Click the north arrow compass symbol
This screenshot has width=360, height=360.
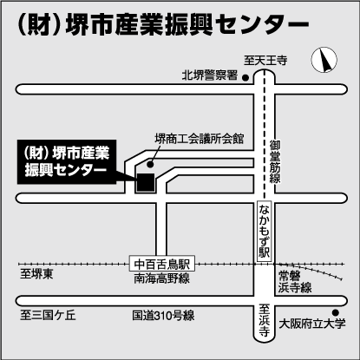pos(324,60)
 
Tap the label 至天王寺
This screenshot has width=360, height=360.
pos(265,61)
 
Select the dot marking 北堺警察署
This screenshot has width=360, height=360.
pos(245,77)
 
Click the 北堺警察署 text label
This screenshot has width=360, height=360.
pos(210,75)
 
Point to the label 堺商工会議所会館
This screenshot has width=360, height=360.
pos(200,139)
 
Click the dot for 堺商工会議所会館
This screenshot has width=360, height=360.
pos(149,165)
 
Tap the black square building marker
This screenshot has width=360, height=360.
pos(146,182)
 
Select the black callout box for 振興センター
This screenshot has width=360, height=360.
pos(67,162)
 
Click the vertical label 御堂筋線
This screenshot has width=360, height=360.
pos(275,161)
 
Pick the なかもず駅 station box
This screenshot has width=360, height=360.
pos(265,232)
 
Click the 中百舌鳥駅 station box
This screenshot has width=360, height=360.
pos(162,264)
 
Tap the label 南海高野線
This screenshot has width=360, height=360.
pos(162,278)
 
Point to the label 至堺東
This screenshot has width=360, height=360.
pos(36,274)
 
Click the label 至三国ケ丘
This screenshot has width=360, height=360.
pos(48,315)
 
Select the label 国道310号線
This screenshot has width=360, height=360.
pos(163,316)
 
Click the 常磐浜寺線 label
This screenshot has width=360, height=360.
pos(295,282)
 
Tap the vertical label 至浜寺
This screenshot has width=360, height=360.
pos(264,320)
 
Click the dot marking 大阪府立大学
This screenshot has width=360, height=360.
pos(336,312)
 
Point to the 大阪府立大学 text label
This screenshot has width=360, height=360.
pos(312,324)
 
